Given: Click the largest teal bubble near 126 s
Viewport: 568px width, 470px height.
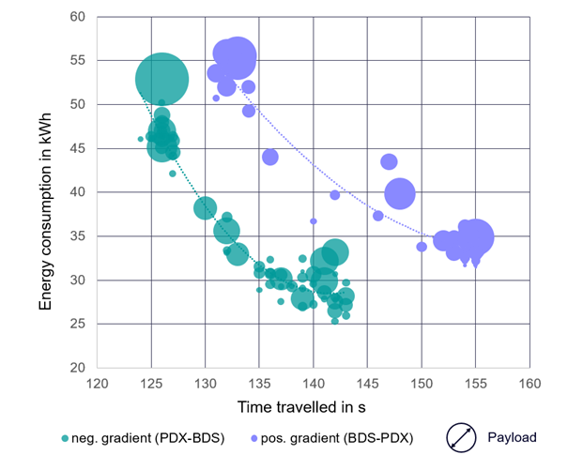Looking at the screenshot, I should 162,80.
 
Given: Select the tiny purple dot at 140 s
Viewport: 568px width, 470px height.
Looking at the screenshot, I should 314,221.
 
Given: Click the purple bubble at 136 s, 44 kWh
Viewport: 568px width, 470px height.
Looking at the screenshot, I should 270,157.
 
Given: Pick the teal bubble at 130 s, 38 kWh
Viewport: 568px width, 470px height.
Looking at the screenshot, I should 206,208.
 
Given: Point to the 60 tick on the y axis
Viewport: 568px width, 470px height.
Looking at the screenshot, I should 80,17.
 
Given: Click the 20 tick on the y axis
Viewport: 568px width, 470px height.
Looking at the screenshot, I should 80,368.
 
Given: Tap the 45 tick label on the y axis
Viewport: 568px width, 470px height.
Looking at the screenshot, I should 80,148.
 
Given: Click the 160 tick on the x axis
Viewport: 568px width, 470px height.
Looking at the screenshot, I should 530,384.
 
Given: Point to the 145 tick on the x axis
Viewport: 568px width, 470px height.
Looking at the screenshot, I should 368,384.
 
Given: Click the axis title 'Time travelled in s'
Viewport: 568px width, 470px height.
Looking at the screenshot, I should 313,404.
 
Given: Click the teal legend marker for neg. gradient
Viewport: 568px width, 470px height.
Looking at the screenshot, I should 64,437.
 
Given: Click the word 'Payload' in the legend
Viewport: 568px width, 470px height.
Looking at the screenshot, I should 513,437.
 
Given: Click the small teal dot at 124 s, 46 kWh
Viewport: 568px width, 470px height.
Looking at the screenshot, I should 141,139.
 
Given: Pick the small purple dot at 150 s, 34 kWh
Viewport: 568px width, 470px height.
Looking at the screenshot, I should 422,247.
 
